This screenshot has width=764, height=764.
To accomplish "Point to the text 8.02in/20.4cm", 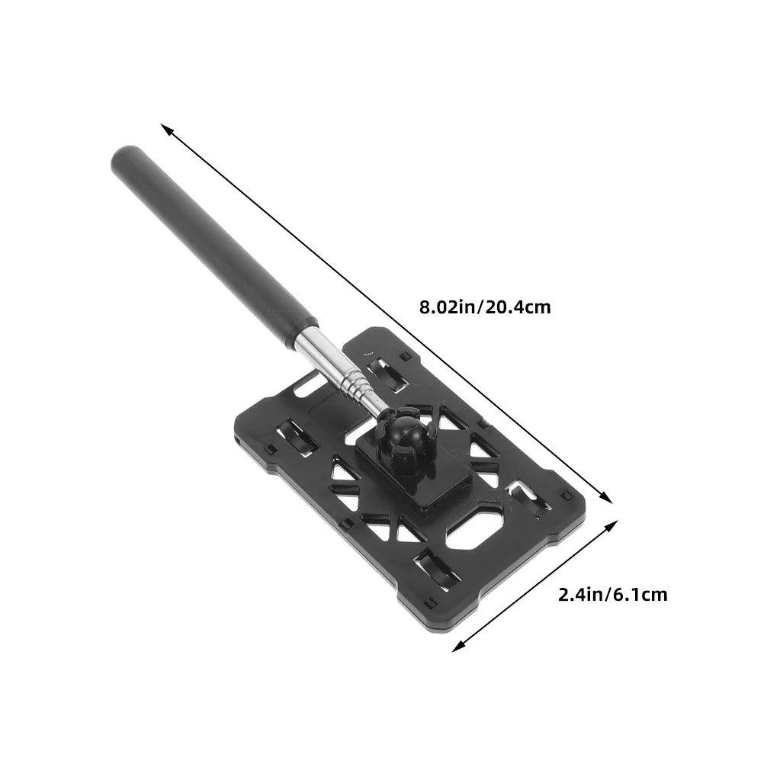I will tap(484, 308).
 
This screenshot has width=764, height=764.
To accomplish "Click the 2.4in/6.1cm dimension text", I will tap(612, 594).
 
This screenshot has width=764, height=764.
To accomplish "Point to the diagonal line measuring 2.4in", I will tap(534, 587).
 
